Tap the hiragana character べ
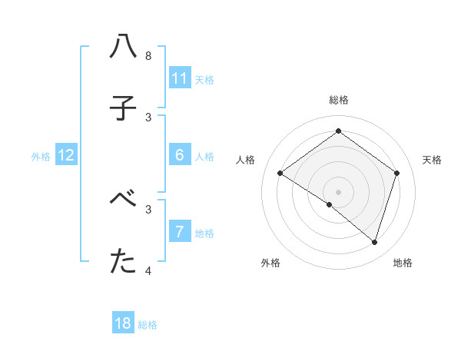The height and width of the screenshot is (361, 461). pyautogui.click(x=123, y=199)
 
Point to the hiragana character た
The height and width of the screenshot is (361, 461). pyautogui.click(x=123, y=262)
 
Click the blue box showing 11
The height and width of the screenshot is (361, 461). pyautogui.click(x=179, y=78)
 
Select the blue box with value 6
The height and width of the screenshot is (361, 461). pyautogui.click(x=179, y=155)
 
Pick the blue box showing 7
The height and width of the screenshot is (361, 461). pyautogui.click(x=179, y=231)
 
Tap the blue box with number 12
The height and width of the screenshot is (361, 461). pyautogui.click(x=66, y=155)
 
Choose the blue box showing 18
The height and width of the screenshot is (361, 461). pyautogui.click(x=123, y=323)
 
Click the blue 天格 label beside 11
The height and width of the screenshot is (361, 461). pyautogui.click(x=204, y=79)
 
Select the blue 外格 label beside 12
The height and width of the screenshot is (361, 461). pyautogui.click(x=41, y=156)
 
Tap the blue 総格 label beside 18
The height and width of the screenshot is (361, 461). pyautogui.click(x=148, y=324)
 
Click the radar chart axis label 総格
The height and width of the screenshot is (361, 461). pyautogui.click(x=338, y=100)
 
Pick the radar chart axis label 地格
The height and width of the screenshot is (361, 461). pyautogui.click(x=403, y=263)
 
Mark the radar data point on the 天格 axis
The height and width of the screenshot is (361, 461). pyautogui.click(x=396, y=173)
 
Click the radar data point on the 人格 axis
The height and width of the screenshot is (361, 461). pyautogui.click(x=280, y=174)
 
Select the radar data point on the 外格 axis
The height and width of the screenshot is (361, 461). pyautogui.click(x=330, y=204)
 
